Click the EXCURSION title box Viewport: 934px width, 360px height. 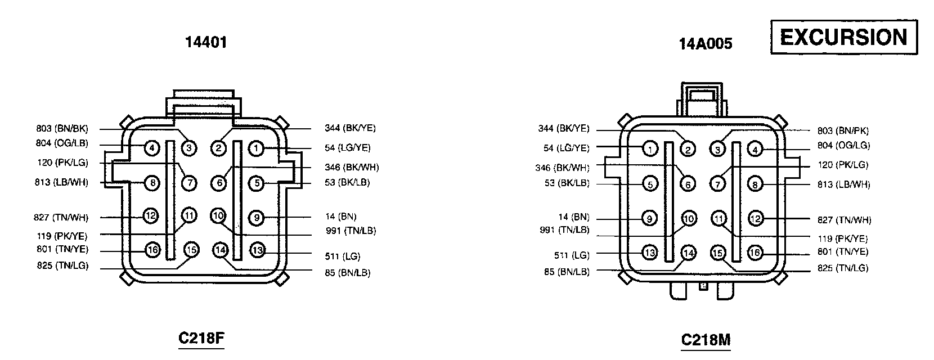click(x=843, y=37)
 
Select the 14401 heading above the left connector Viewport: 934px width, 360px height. click(x=206, y=42)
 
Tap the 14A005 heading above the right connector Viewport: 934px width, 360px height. click(x=706, y=43)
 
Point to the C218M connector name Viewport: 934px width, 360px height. click(x=706, y=339)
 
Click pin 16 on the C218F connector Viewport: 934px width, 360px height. click(x=152, y=249)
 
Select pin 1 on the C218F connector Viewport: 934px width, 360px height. click(x=256, y=148)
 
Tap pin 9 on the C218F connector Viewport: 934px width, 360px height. click(x=256, y=217)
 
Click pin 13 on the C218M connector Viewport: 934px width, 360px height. click(x=650, y=253)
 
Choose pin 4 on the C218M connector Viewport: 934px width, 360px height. click(x=756, y=149)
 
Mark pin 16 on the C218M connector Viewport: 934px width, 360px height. click(x=755, y=253)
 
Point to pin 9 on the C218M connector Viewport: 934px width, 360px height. click(x=650, y=218)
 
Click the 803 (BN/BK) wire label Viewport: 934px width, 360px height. click(x=62, y=129)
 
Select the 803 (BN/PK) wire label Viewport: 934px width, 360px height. click(x=843, y=130)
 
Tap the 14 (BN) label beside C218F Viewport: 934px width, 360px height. click(x=340, y=217)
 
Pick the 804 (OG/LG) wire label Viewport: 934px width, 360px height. click(x=843, y=145)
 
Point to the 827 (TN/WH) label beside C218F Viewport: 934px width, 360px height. click(x=62, y=218)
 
